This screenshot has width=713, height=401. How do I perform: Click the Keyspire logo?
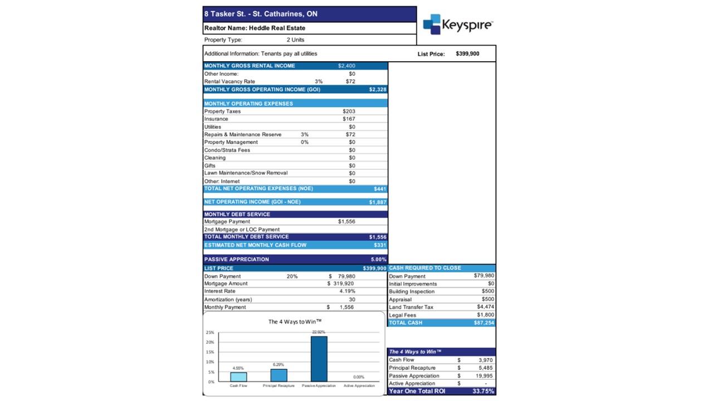point(457,25)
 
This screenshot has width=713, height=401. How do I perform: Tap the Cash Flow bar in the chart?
point(238,377)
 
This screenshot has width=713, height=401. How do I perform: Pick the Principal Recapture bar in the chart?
point(279,375)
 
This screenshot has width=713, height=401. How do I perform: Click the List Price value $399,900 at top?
point(467,54)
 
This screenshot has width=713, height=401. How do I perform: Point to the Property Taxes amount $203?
point(349,111)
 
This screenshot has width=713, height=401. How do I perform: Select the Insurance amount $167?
point(349,119)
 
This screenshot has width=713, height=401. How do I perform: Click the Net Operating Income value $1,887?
point(377,202)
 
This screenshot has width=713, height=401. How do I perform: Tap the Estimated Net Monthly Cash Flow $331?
point(379,245)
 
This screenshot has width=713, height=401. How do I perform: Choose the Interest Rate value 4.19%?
point(347,291)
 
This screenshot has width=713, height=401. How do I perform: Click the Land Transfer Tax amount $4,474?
point(485,307)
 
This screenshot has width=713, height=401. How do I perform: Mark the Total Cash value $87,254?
point(484,323)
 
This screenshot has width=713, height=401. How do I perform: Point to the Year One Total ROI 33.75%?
point(482,391)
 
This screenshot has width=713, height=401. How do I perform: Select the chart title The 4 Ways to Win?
point(295,322)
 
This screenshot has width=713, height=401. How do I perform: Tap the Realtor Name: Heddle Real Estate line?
point(255,28)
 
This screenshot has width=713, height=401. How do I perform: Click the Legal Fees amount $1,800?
point(485,315)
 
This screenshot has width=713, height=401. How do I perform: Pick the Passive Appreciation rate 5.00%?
point(378,260)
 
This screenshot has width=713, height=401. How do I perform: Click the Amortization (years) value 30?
point(351,300)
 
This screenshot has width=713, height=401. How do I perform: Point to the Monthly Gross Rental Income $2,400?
point(346,66)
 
